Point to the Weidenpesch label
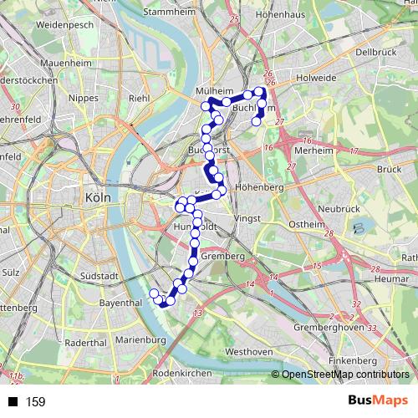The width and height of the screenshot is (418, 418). click(x=64, y=26)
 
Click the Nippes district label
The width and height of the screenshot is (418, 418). click(x=89, y=97)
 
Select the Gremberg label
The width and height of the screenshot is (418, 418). click(x=222, y=256)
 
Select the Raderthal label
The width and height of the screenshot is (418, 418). click(x=85, y=343)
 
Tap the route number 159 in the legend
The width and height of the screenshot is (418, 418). click(x=36, y=402)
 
